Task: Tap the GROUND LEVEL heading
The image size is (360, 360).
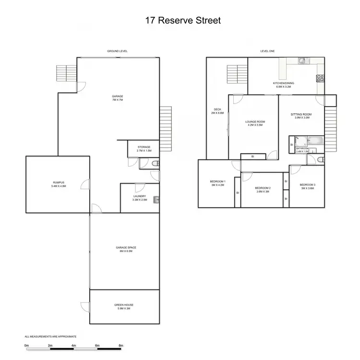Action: [x=118, y=51]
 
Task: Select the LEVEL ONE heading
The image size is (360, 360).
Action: [x=267, y=51]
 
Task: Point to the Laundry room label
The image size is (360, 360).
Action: [x=140, y=197]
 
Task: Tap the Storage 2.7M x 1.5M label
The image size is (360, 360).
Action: [x=144, y=149]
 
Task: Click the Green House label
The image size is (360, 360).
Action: [x=124, y=306]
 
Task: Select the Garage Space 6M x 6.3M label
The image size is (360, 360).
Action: [x=126, y=249]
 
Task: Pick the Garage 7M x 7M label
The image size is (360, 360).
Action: [x=118, y=98]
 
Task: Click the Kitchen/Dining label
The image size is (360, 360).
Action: [x=285, y=85]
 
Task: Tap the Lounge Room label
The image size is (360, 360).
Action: [x=255, y=123]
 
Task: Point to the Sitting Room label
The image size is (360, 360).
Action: [x=300, y=116]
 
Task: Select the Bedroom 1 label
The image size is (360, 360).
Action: [x=217, y=182]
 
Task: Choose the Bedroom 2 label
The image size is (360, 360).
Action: [x=263, y=189]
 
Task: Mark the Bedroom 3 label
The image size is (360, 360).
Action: [x=307, y=186]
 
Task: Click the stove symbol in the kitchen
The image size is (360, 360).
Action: [x=320, y=78]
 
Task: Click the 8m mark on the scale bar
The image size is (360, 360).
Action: [x=120, y=345]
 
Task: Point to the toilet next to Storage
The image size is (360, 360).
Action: [x=154, y=164]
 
